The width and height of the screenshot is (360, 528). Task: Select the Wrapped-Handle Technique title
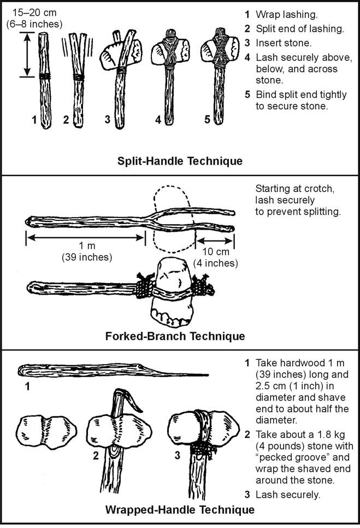[180, 511]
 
